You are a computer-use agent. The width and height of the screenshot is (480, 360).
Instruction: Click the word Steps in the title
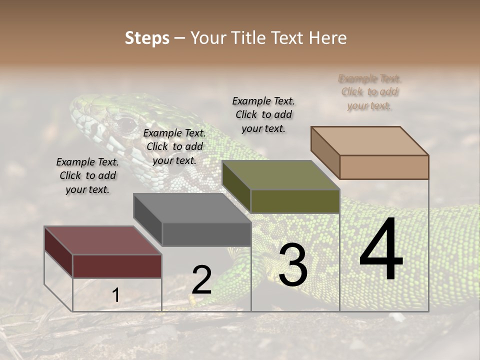(147, 38)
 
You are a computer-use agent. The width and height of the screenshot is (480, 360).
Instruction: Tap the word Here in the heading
(327, 38)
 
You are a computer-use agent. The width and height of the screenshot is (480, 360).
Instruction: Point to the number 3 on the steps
(292, 265)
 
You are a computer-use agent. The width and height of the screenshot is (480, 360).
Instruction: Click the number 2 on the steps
(201, 280)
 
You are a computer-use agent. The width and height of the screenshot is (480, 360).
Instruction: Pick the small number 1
(116, 295)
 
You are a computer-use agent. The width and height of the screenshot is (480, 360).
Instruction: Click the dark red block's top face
(103, 240)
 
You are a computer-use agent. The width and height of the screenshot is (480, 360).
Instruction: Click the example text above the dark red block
(87, 175)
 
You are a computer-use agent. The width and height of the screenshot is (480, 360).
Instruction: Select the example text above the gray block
(174, 146)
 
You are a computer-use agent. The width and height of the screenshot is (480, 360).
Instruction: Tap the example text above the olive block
(263, 114)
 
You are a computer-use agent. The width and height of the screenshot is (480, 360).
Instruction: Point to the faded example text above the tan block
(369, 92)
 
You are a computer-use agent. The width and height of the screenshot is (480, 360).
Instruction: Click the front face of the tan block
(384, 167)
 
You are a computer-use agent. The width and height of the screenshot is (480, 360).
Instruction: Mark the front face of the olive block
(295, 201)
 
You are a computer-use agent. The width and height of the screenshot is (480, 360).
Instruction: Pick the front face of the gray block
(206, 234)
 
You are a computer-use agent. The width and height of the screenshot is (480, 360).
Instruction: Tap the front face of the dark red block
(117, 266)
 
